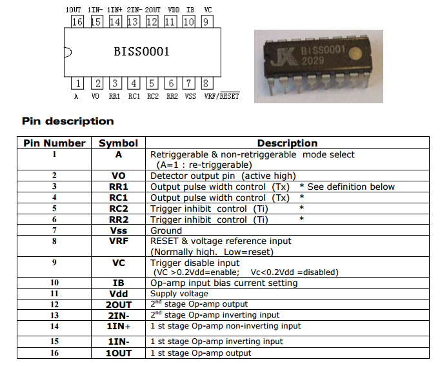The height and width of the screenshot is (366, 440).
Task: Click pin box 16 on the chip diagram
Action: point(77,21)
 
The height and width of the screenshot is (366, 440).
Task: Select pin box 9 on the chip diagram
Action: point(207,21)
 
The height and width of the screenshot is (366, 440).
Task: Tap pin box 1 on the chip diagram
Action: point(77,83)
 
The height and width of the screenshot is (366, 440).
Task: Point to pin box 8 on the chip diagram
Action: point(207,83)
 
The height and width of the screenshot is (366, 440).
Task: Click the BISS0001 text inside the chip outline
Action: point(141,52)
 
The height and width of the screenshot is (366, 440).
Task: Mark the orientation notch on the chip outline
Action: point(68,52)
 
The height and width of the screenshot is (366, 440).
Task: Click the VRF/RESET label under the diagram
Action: point(222,96)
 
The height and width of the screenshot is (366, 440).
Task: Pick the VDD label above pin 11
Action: point(174,10)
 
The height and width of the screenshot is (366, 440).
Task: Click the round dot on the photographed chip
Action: point(355,54)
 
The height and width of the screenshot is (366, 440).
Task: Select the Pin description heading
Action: point(68,121)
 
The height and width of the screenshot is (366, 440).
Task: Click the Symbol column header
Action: point(119,143)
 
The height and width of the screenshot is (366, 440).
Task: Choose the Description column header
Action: point(287,143)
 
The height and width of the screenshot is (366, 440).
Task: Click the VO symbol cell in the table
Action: point(119,176)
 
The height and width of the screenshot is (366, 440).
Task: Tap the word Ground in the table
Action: point(166,230)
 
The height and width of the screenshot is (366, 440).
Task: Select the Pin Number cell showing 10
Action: point(54,283)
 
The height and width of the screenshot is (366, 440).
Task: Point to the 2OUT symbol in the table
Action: point(119,305)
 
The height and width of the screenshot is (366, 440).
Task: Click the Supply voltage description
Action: point(179,294)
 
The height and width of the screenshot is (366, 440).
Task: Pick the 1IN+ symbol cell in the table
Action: point(119,326)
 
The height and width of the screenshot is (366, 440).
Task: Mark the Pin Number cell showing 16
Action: point(54,353)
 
